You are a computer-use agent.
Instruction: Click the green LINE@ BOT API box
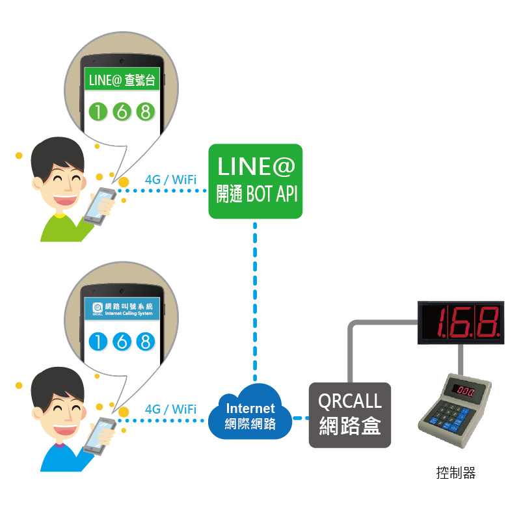pos(255,181)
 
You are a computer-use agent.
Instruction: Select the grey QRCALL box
pos(350,414)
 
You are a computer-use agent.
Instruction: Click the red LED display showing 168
pos(461,322)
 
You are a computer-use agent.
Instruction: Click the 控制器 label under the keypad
pos(456,473)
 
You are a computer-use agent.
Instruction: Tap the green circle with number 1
pos(98,112)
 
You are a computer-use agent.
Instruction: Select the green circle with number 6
pos(122,112)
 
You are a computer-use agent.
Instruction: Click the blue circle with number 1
pos(98,341)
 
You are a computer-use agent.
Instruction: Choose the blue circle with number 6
pos(122,341)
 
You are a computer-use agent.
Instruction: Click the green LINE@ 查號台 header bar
pos(121,81)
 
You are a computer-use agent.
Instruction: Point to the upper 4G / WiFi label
pos(171,180)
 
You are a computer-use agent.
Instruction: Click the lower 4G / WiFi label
pos(171,409)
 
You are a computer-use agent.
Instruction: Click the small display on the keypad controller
pos(466,390)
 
